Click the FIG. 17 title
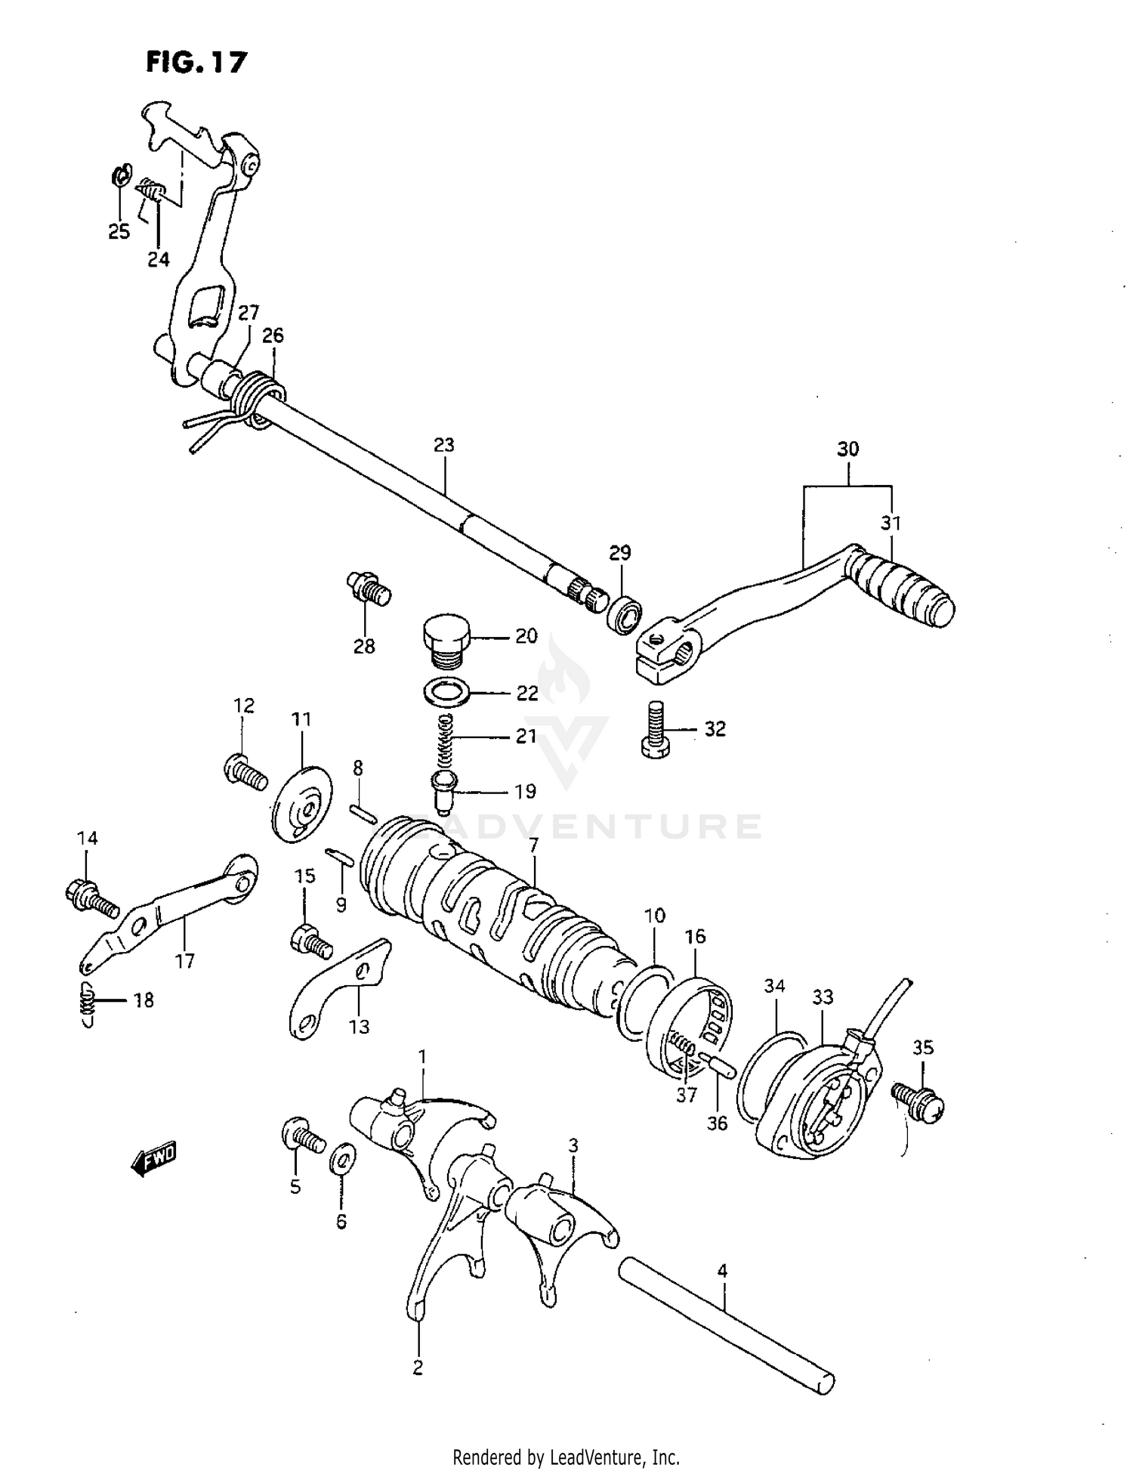pyautogui.click(x=196, y=62)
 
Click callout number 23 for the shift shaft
pyautogui.click(x=444, y=445)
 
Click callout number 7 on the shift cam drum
pyautogui.click(x=533, y=845)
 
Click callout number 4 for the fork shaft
pyautogui.click(x=722, y=1271)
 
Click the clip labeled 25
pyautogui.click(x=121, y=176)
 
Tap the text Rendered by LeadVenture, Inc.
pyautogui.click(x=566, y=1457)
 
